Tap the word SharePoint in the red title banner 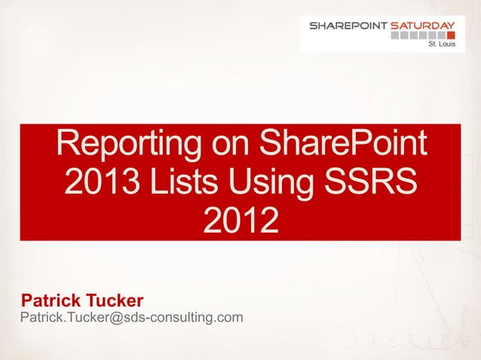(343, 145)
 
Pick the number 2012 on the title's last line (240, 221)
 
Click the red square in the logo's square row (450, 35)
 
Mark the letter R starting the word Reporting (70, 145)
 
